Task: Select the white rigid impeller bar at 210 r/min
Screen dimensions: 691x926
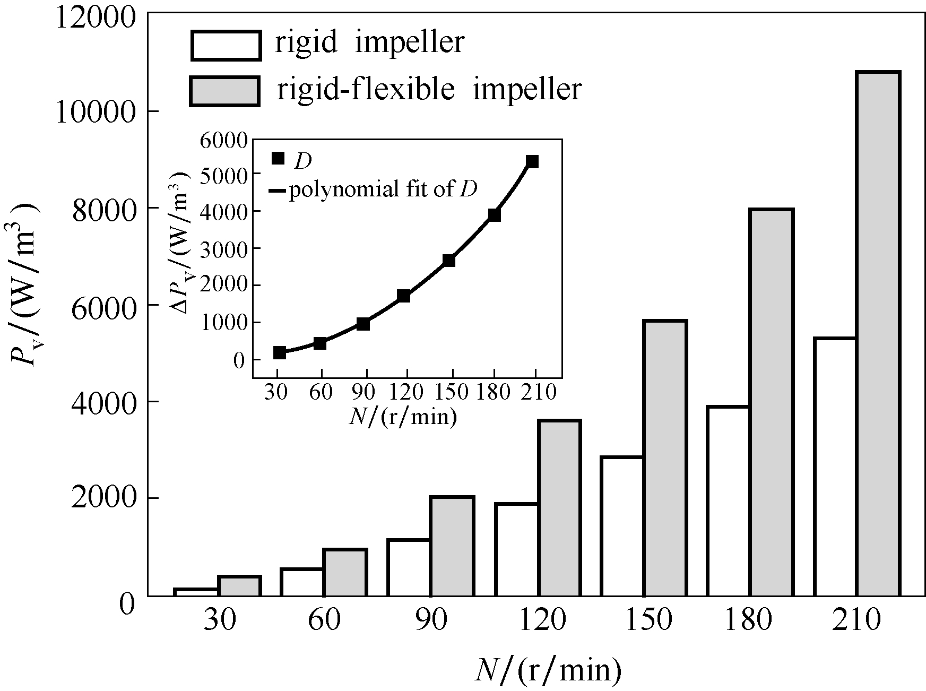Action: click(835, 467)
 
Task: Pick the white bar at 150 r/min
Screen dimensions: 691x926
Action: click(622, 526)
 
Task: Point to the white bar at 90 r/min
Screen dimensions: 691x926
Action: click(409, 567)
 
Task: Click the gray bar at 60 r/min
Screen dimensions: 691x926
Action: click(345, 573)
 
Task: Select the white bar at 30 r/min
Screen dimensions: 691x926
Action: click(196, 592)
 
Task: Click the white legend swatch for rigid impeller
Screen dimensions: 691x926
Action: click(226, 45)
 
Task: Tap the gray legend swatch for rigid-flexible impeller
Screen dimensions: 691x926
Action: click(225, 91)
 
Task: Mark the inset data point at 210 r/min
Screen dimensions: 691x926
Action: click(532, 161)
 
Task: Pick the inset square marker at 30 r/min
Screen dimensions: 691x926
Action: click(280, 352)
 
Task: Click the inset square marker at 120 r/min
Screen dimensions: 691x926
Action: click(404, 296)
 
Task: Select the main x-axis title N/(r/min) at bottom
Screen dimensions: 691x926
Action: click(548, 670)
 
